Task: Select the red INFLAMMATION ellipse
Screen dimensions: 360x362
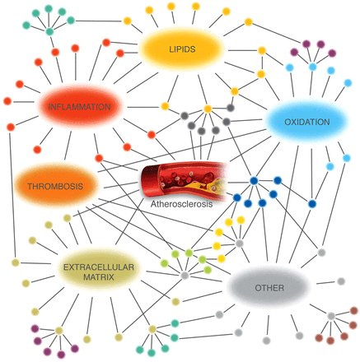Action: [x=80, y=106]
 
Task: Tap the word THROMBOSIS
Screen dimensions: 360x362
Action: [x=55, y=187]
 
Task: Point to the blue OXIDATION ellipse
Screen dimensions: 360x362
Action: [x=306, y=122]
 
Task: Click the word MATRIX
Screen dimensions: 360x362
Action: [x=99, y=277]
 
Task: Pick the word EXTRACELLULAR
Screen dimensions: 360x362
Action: [x=99, y=267]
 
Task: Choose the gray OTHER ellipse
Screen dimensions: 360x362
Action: [x=269, y=288]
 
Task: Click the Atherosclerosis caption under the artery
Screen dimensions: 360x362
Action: [x=181, y=204]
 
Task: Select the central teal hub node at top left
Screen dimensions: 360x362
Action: [x=49, y=31]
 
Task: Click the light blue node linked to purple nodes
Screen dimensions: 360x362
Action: [x=312, y=67]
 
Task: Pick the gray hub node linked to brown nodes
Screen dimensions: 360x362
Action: [x=331, y=316]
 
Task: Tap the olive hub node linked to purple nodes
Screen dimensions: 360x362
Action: [x=58, y=331]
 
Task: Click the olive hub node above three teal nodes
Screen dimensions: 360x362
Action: [x=152, y=329]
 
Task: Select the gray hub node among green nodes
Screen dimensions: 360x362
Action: [x=185, y=275]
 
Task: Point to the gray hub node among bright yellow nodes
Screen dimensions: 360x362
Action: [x=240, y=243]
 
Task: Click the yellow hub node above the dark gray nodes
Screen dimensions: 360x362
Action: [x=208, y=109]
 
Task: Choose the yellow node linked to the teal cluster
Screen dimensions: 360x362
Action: [x=127, y=21]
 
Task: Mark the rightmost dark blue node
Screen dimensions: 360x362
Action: [x=312, y=204]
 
